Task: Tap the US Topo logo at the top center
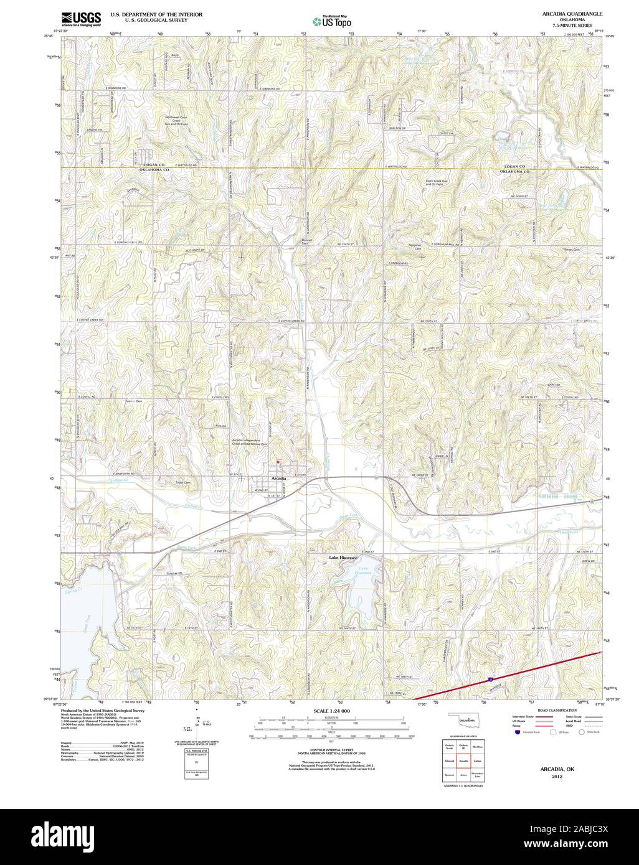click(332, 21)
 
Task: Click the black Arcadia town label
click(279, 477)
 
